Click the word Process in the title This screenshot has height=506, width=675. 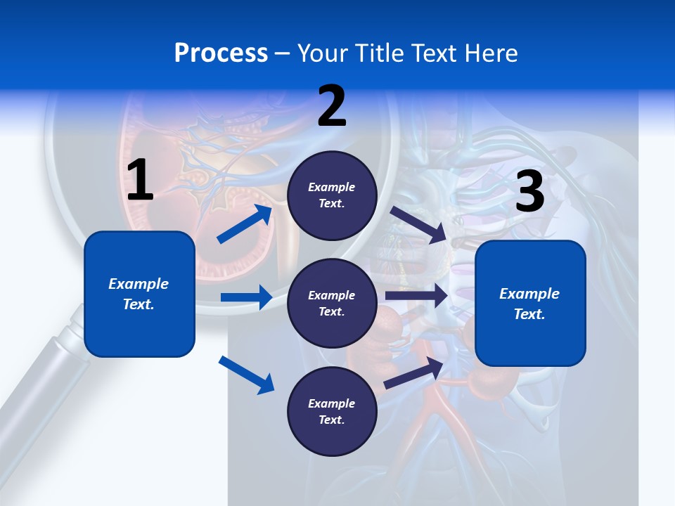(x=221, y=53)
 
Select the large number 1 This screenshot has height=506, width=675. (x=140, y=181)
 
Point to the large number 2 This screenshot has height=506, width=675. (x=332, y=106)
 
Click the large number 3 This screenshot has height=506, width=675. (x=529, y=192)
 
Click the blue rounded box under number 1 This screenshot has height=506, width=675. (x=139, y=294)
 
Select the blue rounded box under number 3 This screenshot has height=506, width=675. (x=530, y=304)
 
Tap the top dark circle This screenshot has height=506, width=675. (x=332, y=195)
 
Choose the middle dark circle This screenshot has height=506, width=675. (x=332, y=303)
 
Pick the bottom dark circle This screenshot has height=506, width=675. (x=332, y=411)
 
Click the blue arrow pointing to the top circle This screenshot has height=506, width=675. (x=245, y=224)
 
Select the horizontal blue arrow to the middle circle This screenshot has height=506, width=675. (x=246, y=297)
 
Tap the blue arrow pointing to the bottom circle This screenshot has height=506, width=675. (x=246, y=375)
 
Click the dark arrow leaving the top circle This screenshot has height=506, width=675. (x=418, y=224)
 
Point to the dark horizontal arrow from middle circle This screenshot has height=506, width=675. (x=416, y=296)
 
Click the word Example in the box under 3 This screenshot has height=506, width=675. (x=529, y=294)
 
